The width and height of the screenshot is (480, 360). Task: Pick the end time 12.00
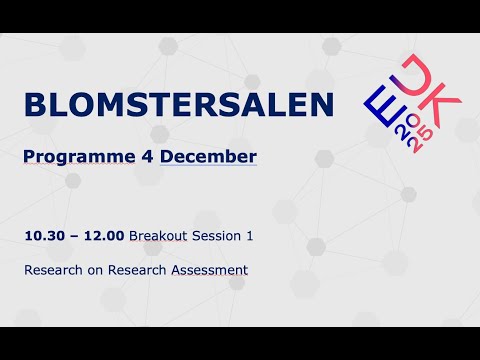coord(105,236)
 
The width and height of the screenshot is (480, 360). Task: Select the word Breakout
coord(158,236)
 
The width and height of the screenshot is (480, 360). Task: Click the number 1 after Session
coord(250,236)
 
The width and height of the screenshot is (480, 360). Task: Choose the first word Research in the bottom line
coord(58,270)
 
